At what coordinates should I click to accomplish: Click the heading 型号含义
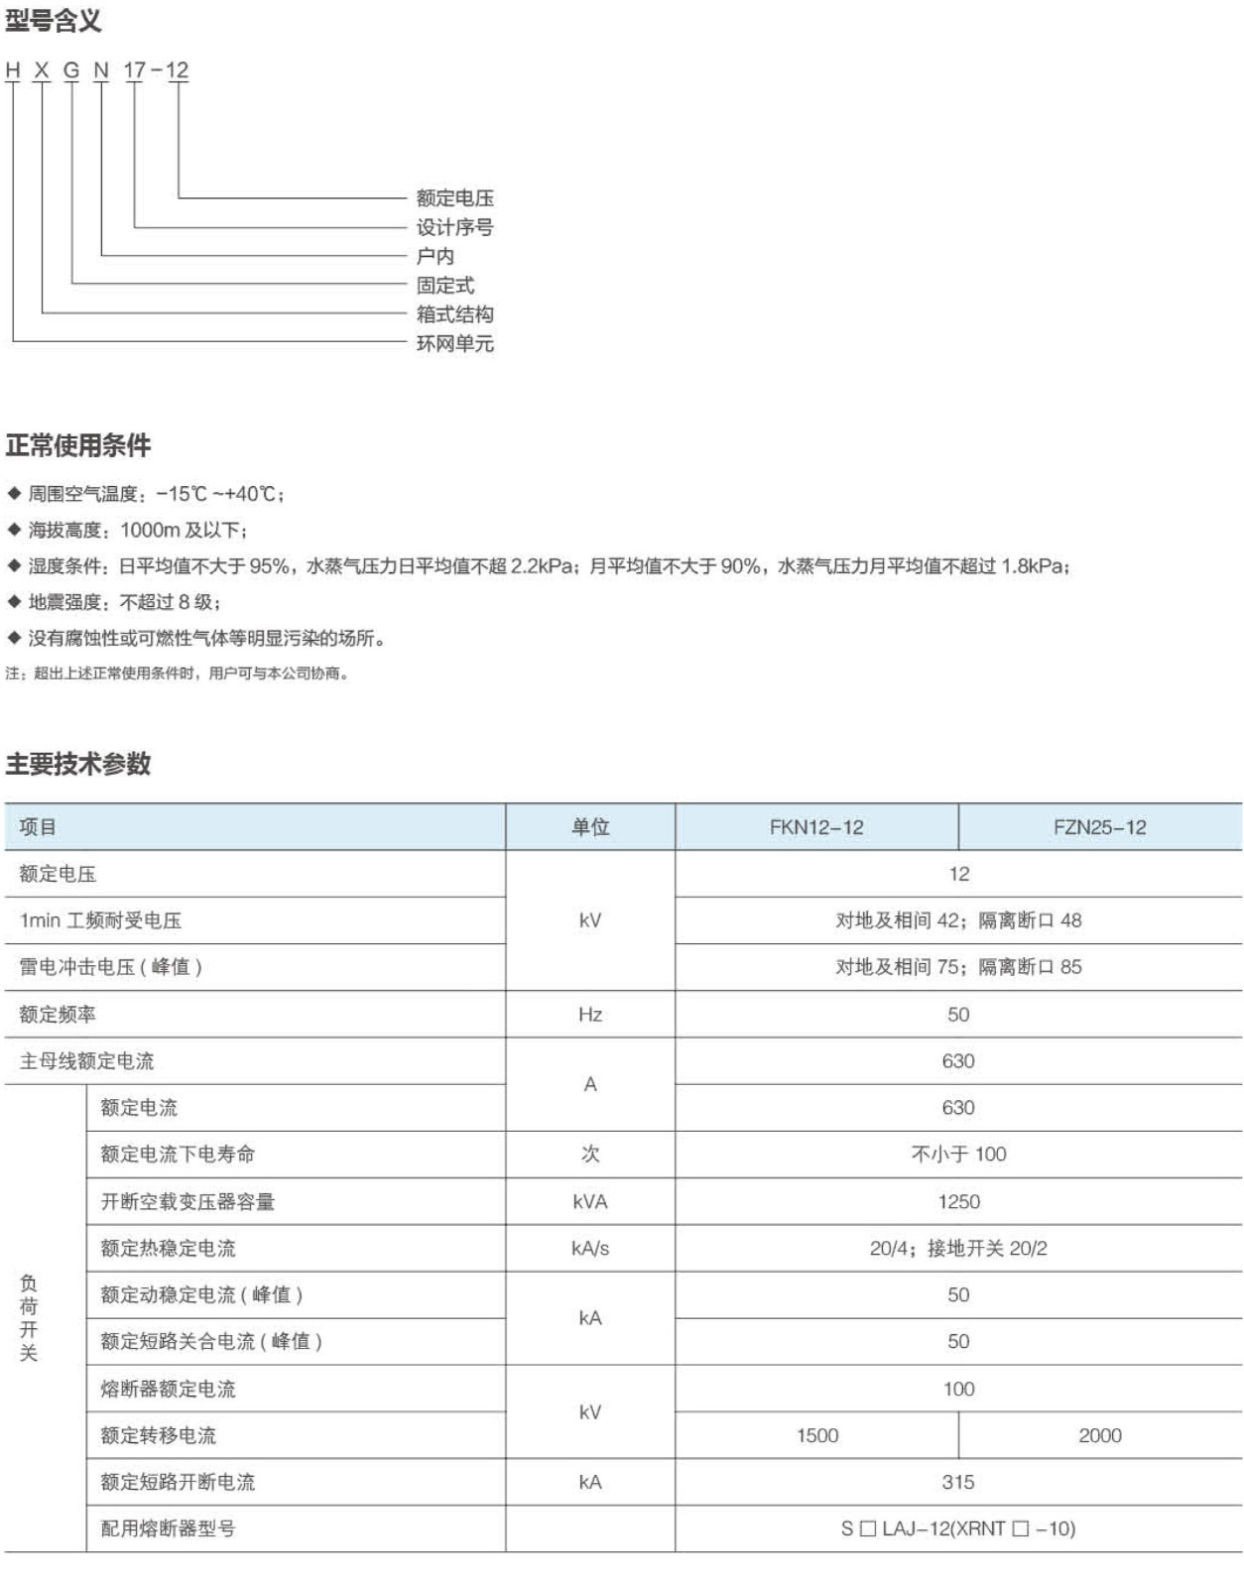pyautogui.click(x=53, y=21)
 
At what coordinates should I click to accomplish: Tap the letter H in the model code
pyautogui.click(x=13, y=70)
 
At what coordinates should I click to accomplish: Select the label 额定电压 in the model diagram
pyautogui.click(x=454, y=198)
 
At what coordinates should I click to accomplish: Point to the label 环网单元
pyautogui.click(x=454, y=343)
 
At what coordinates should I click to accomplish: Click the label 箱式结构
pyautogui.click(x=454, y=314)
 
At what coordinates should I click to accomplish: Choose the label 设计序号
pyautogui.click(x=454, y=227)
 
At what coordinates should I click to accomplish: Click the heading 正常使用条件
pyautogui.click(x=78, y=445)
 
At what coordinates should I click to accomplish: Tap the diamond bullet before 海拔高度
pyautogui.click(x=14, y=530)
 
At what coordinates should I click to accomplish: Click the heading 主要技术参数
pyautogui.click(x=78, y=763)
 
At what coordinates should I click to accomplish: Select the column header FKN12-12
pyautogui.click(x=816, y=827)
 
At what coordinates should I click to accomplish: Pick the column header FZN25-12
pyautogui.click(x=1099, y=827)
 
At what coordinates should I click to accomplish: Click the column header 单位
pyautogui.click(x=590, y=827)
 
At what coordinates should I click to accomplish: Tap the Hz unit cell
pyautogui.click(x=590, y=1015)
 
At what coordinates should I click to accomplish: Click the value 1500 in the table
pyautogui.click(x=816, y=1435)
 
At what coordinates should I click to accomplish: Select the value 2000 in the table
pyautogui.click(x=1099, y=1435)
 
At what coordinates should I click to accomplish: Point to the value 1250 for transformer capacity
pyautogui.click(x=958, y=1201)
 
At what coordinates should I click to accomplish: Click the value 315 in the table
pyautogui.click(x=958, y=1482)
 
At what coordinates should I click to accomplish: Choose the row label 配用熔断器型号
pyautogui.click(x=168, y=1528)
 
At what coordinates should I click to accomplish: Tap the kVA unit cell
pyautogui.click(x=590, y=1201)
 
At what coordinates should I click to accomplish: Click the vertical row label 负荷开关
pyautogui.click(x=29, y=1318)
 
